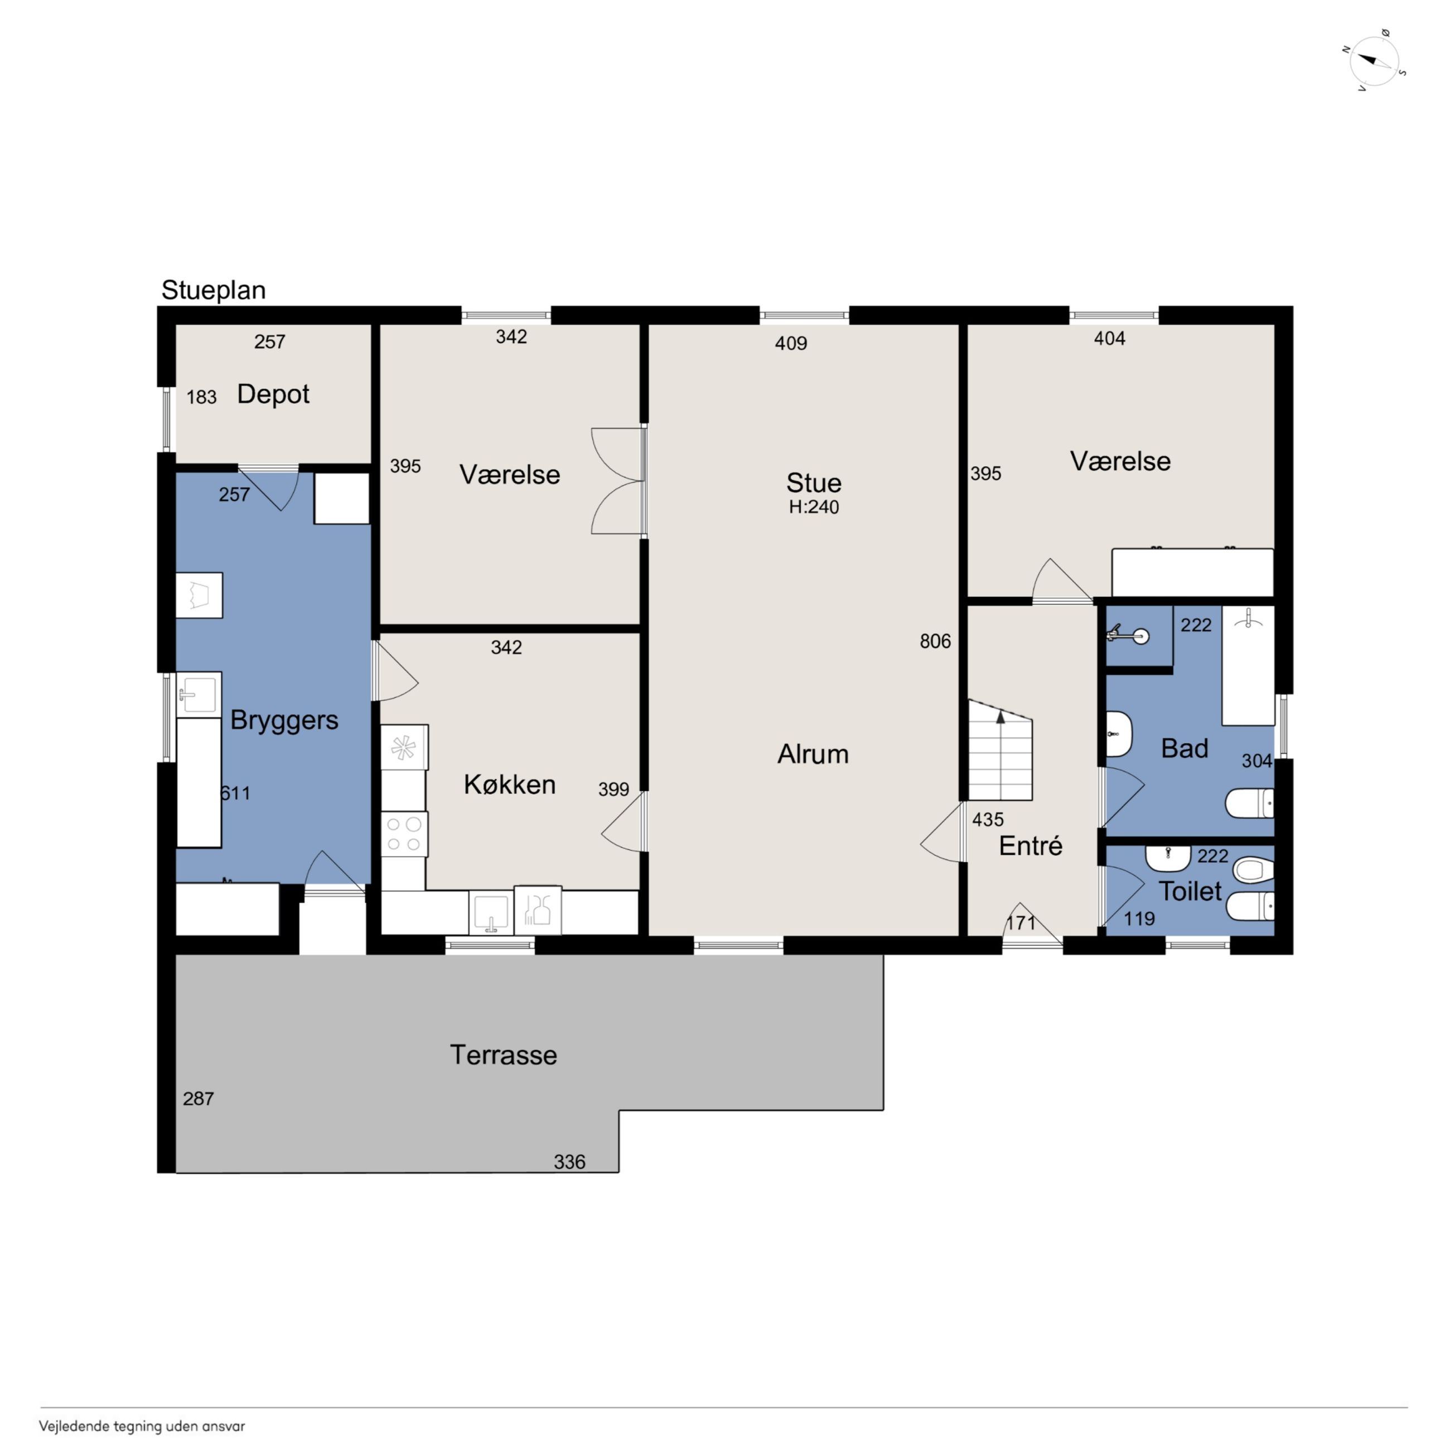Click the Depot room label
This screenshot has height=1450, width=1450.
tap(273, 395)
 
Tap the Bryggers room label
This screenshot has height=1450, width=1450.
tap(284, 721)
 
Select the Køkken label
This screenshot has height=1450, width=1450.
tap(510, 784)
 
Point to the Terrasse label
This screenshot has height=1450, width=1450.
tap(504, 1055)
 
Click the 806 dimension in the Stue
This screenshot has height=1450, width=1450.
tap(935, 641)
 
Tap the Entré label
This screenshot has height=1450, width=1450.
tap(1031, 846)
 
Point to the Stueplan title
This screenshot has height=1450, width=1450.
tap(214, 291)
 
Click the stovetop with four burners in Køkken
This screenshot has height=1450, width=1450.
tap(404, 834)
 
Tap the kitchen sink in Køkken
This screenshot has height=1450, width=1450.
tap(491, 912)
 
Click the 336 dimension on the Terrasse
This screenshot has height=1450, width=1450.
tap(569, 1162)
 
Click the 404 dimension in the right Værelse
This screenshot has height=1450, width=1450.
tap(1109, 339)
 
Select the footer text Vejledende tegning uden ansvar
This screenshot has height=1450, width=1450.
tap(142, 1427)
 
